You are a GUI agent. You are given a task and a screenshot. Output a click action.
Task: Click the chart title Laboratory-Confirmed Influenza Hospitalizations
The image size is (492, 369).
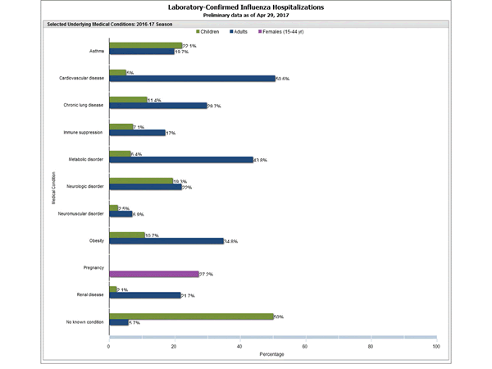coord(245,7)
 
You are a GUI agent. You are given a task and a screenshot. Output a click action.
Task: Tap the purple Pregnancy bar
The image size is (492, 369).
coord(153,274)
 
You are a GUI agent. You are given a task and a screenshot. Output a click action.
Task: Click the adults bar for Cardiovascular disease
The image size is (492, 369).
coord(192,79)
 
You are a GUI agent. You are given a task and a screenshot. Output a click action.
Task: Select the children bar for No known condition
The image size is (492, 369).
coord(191,316)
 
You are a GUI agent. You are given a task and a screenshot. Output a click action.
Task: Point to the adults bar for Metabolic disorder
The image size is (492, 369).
coord(180,159)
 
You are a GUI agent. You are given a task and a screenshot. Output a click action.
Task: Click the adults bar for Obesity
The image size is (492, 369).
coord(166,241)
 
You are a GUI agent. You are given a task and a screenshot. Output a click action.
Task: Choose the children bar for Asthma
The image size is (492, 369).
coord(145,46)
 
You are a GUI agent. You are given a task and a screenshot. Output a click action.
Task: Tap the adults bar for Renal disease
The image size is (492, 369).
coord(144,295)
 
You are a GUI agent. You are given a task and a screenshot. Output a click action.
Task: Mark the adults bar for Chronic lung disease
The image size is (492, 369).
coord(157,106)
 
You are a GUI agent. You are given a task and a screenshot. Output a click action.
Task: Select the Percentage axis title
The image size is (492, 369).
coord(272,355)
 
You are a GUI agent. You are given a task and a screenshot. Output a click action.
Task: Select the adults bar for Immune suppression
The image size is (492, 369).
coord(137,133)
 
